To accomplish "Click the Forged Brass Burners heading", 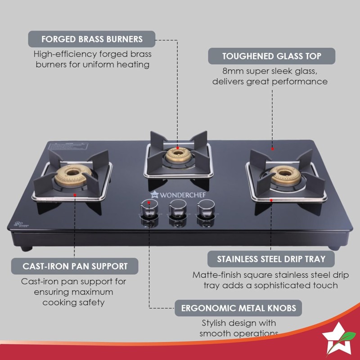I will tap(92, 39).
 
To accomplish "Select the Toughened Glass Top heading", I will tap(271, 56).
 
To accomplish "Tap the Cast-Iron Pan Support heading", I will tap(75, 266).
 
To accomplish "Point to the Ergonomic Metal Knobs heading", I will tap(238, 308).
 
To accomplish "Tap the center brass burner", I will tap(177, 155).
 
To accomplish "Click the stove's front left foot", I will tap(27, 247).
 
